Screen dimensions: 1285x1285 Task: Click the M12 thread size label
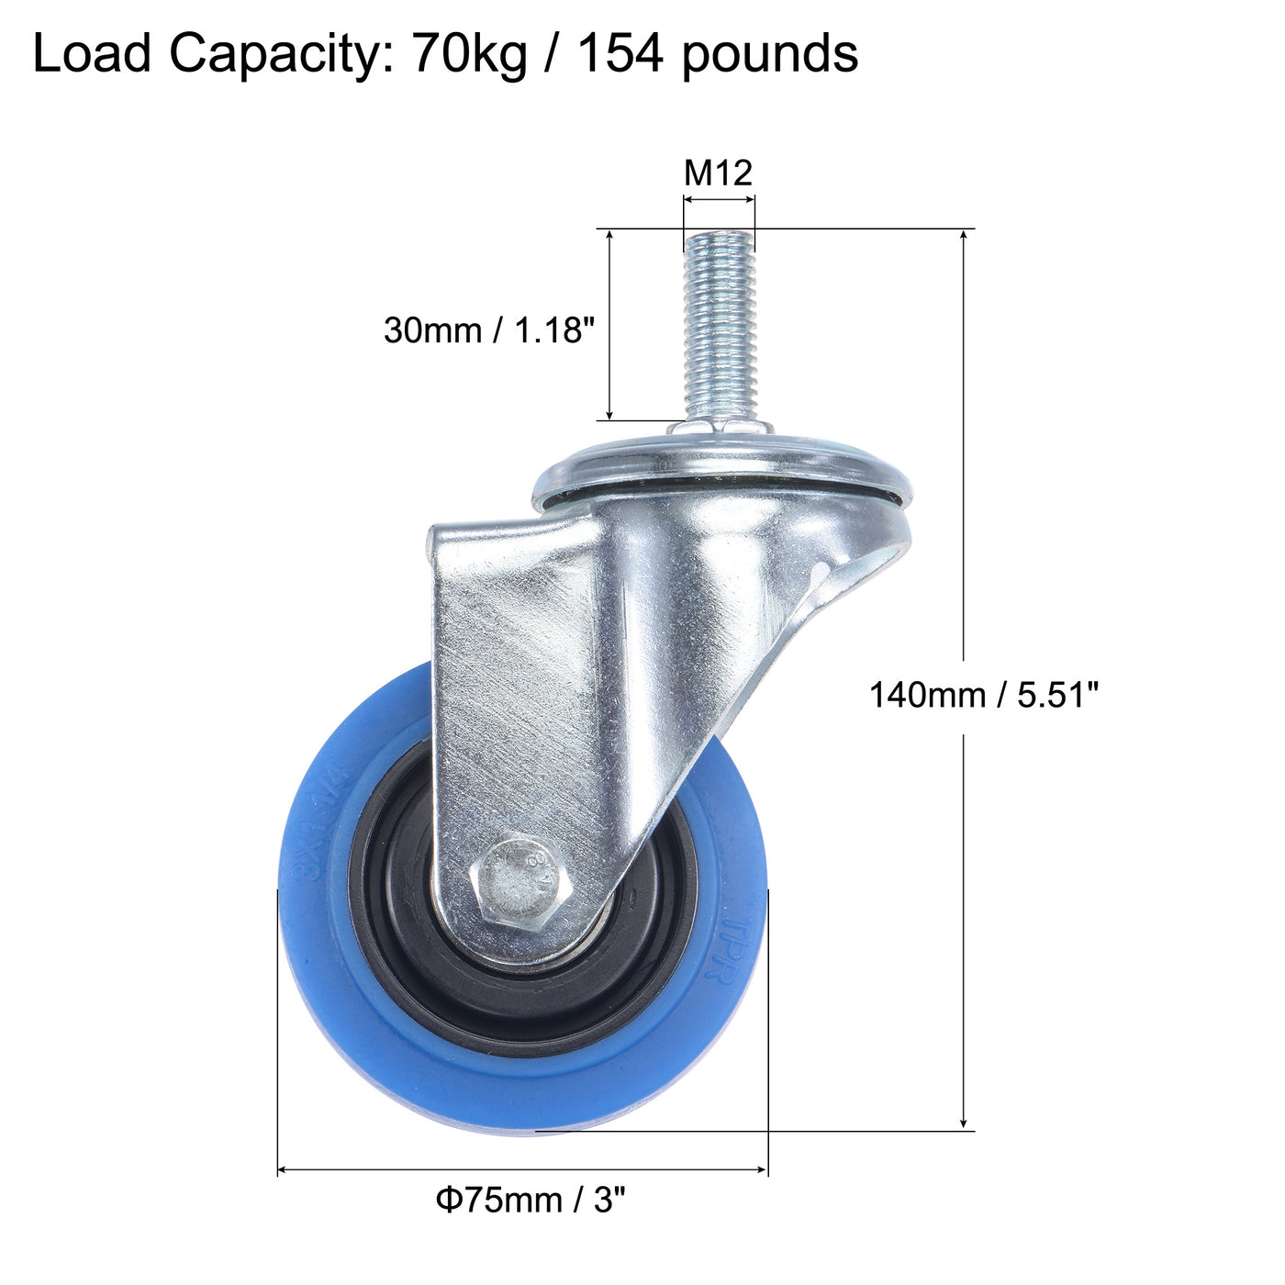[718, 173]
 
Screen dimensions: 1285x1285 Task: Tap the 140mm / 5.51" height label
[983, 695]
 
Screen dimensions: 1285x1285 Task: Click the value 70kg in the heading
[469, 53]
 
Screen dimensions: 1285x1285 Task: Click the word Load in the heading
[92, 53]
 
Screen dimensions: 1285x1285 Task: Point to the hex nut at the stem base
[720, 429]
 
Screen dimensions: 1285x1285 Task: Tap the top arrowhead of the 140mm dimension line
[963, 235]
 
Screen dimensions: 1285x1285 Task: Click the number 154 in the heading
[620, 53]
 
